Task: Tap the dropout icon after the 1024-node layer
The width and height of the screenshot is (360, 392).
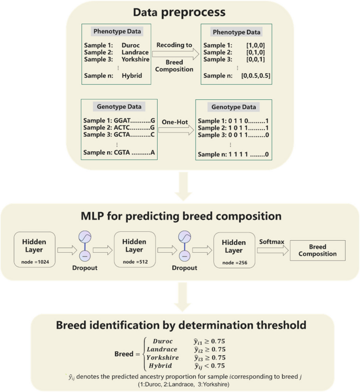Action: pyautogui.click(x=85, y=246)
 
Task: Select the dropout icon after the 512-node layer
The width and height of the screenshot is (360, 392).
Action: pyautogui.click(x=184, y=246)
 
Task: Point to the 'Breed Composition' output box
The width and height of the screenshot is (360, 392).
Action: pyautogui.click(x=317, y=251)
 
